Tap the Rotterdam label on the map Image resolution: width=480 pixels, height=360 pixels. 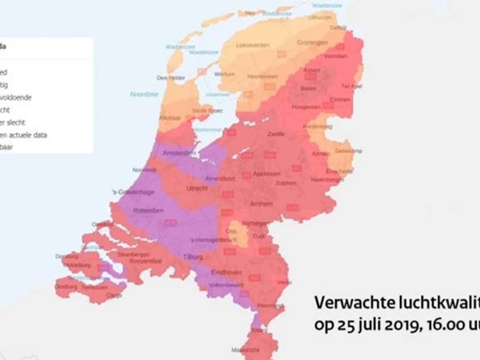[x=148, y=210]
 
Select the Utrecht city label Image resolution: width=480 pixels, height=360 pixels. [x=197, y=188]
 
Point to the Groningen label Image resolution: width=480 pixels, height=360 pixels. [x=312, y=43]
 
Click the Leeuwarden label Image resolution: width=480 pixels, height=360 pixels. [x=253, y=45]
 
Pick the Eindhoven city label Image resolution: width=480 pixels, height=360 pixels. [x=226, y=272]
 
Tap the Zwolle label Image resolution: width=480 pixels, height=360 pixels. [x=276, y=134]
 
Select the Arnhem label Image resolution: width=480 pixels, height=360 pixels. [x=261, y=204]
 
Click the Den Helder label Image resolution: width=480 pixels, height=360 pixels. [x=171, y=78]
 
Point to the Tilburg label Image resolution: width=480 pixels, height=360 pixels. [x=193, y=257]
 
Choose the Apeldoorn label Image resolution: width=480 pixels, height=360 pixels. [x=267, y=174]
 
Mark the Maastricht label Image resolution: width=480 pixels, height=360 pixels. [x=245, y=350]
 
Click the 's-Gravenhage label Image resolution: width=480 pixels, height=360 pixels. [x=133, y=192]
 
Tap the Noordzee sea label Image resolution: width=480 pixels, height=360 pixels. [x=144, y=94]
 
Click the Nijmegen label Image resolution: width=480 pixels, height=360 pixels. [x=256, y=223]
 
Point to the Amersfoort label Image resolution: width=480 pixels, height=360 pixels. [x=220, y=179]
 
